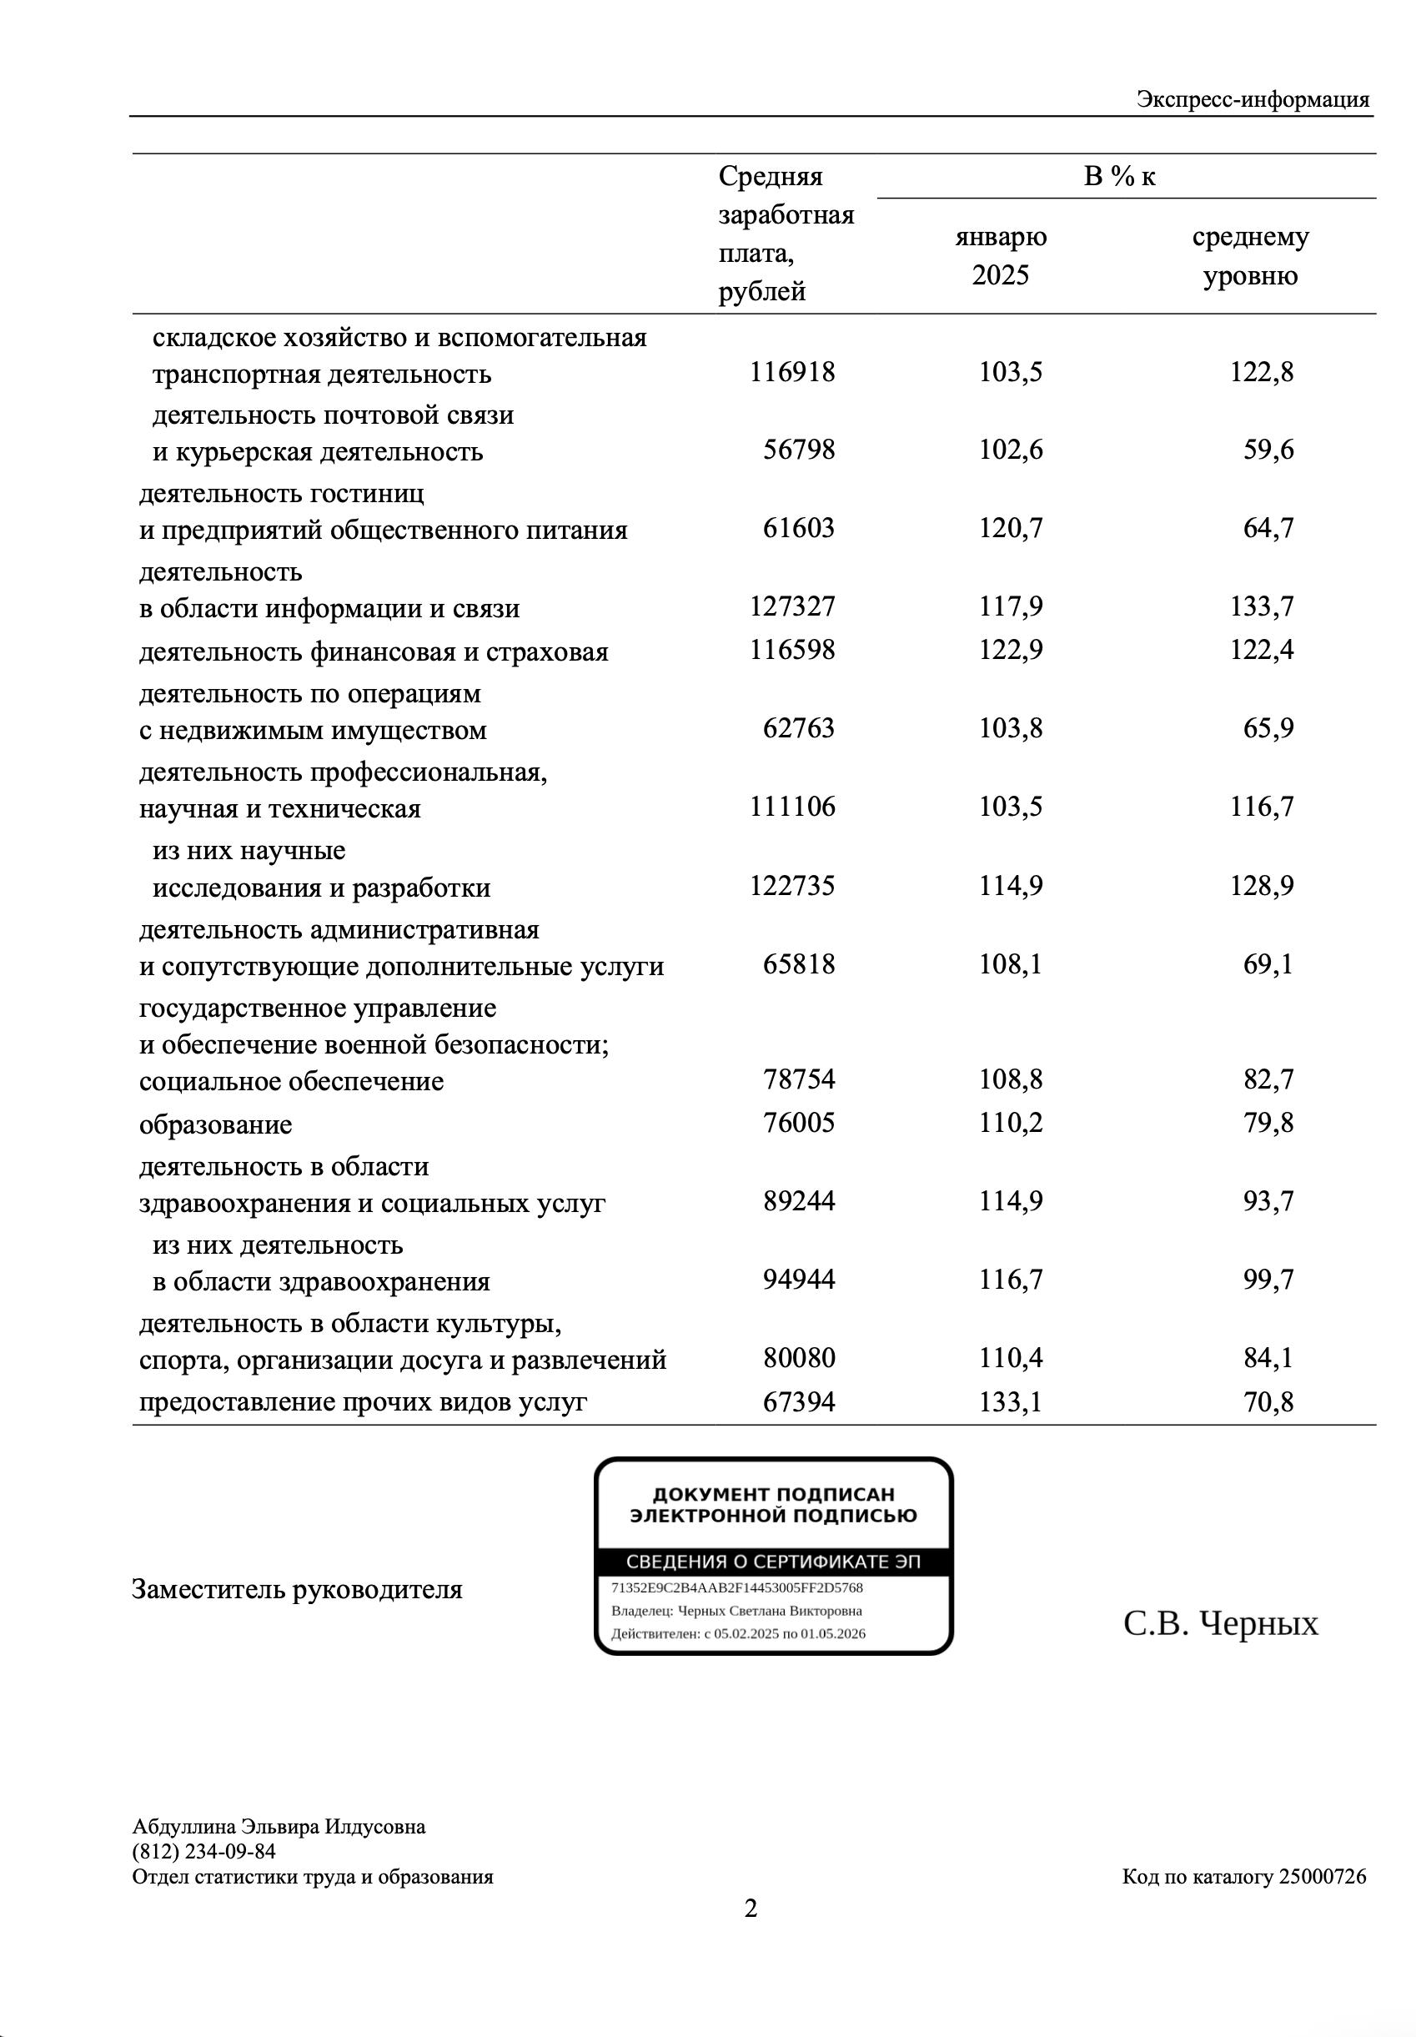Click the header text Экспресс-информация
pos(1252,99)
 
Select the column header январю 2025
pos(1000,255)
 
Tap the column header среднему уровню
pos(1249,255)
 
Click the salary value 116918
pos(791,372)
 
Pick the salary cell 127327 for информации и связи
pos(791,606)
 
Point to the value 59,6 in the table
pos(1268,450)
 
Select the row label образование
pos(216,1125)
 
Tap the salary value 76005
pos(799,1124)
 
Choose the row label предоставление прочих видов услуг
pos(363,1401)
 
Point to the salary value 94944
pos(799,1280)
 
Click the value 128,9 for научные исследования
pos(1261,885)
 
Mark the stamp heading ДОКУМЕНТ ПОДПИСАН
pos(773,1495)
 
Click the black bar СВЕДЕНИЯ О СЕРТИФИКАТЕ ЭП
pos(773,1562)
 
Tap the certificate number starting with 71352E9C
pos(736,1587)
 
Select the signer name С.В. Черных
pos(1220,1623)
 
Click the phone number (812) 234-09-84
pos(204,1852)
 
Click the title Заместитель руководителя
pos(296,1589)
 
